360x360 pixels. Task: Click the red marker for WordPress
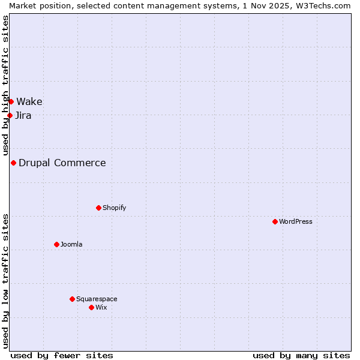275,221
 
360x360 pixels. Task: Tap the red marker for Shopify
98,208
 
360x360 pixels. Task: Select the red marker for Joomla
56,244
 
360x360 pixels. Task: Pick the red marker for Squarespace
72,299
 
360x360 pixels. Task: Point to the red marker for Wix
91,307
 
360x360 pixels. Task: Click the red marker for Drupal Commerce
13,163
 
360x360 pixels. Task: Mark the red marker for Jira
10,115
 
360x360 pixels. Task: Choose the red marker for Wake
11,101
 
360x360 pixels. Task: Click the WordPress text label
296,221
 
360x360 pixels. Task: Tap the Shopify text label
114,208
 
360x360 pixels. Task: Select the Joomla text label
71,244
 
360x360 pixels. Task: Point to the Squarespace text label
97,299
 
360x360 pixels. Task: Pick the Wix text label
101,307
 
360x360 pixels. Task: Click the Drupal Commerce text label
62,163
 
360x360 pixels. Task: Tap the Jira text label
23,115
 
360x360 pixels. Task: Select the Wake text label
29,101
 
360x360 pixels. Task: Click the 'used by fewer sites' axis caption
62,355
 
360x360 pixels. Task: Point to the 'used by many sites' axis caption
301,355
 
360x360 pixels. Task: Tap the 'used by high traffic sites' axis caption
5,84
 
